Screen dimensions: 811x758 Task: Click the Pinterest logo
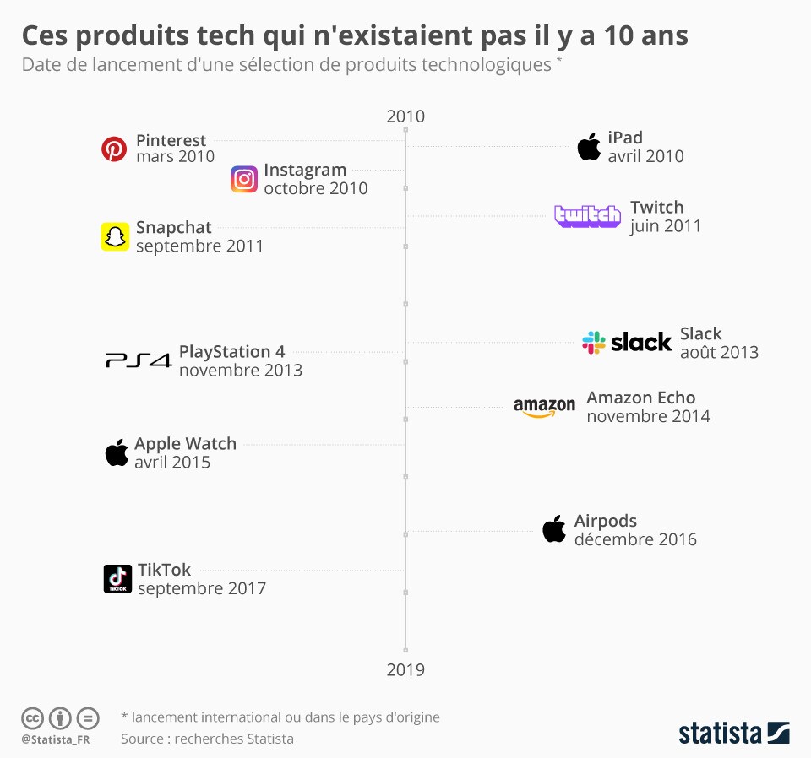click(x=114, y=149)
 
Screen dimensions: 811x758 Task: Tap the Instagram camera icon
click(x=244, y=179)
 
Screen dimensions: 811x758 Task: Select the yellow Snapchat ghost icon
click(x=115, y=236)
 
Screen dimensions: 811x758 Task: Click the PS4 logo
click(x=139, y=360)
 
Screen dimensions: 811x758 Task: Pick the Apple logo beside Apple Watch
click(x=117, y=452)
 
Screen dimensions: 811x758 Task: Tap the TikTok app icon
click(x=118, y=579)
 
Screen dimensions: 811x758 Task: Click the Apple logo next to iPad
click(x=589, y=147)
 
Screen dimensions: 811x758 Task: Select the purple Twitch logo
click(x=588, y=216)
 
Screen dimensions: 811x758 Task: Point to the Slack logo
click(x=627, y=343)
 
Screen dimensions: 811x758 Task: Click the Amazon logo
click(x=544, y=407)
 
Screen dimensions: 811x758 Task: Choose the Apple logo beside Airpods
click(x=554, y=529)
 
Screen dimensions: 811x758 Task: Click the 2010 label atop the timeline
click(x=405, y=116)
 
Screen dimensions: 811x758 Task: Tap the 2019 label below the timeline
click(x=405, y=669)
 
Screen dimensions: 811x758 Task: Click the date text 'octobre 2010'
click(x=316, y=188)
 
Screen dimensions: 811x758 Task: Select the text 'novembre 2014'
click(x=649, y=416)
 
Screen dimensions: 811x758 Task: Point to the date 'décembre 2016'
click(x=635, y=539)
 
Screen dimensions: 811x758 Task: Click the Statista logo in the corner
click(x=734, y=733)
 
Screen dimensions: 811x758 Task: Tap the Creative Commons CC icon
click(x=32, y=718)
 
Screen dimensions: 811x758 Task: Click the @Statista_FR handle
click(x=56, y=740)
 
